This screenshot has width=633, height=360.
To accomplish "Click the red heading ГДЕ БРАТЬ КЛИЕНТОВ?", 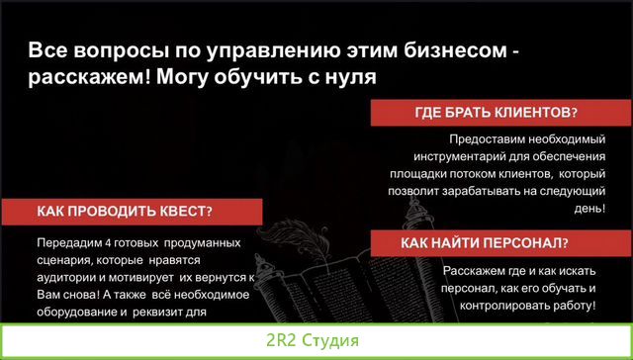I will click(x=496, y=114).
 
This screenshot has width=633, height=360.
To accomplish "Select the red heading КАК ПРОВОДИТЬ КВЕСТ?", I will click(x=125, y=212).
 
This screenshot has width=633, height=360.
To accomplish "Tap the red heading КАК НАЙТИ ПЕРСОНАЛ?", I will click(x=482, y=243).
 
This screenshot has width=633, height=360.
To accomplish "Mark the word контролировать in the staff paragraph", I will click(x=489, y=307).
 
